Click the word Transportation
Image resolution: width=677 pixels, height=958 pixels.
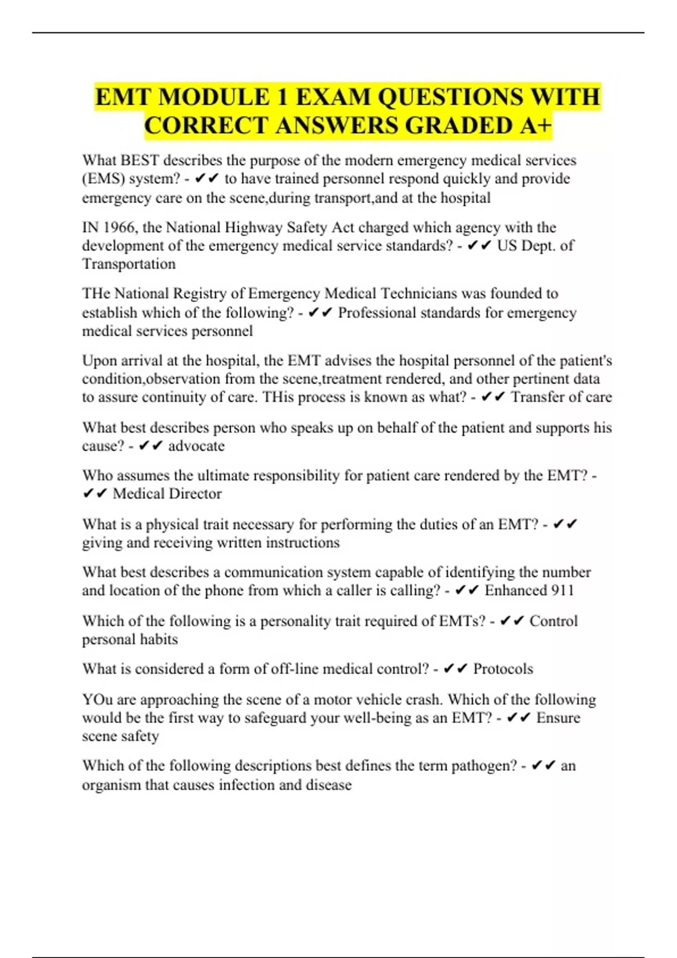[x=129, y=264]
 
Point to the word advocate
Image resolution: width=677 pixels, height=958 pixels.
[x=196, y=446]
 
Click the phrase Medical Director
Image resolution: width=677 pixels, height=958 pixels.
[x=167, y=494]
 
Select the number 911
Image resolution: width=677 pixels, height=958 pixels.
[x=563, y=590]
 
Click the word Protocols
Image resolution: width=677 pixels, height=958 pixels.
[x=503, y=669]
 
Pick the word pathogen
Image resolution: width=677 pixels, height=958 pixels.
[x=483, y=765]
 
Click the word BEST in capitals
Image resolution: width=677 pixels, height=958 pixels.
[x=140, y=161]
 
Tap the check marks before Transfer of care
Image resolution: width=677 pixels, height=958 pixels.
[x=493, y=397]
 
